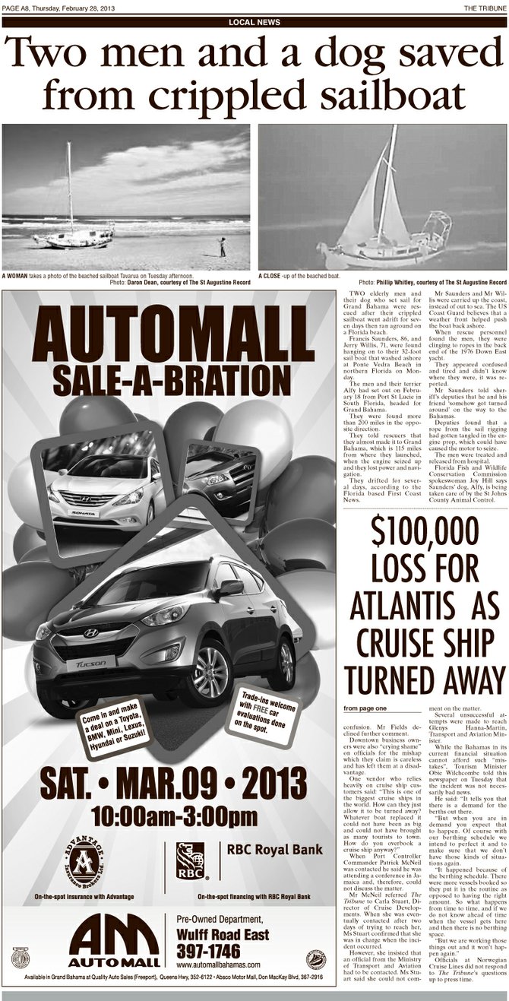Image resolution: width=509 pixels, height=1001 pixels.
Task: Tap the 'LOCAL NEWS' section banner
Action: (254, 22)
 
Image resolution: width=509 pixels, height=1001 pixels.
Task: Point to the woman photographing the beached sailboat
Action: (223, 246)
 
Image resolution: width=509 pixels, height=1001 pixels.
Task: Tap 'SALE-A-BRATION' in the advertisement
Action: (168, 378)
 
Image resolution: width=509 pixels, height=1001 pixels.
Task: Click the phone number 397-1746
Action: (208, 951)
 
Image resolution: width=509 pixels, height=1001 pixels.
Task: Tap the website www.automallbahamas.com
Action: (220, 965)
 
